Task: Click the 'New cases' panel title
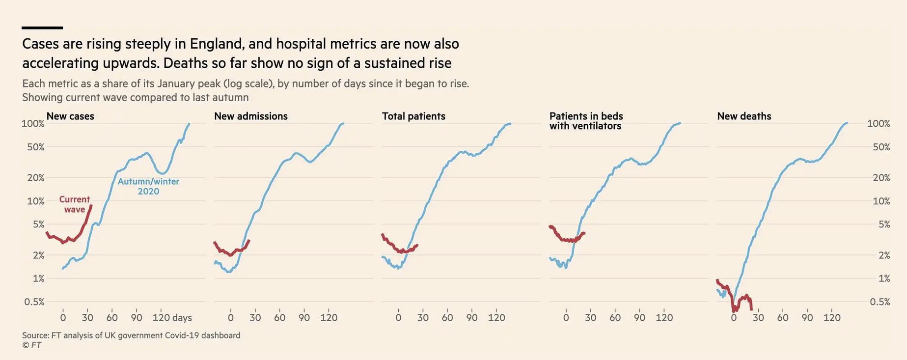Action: [x=70, y=116]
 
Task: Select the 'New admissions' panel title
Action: [x=251, y=116]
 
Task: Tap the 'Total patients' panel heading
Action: [x=413, y=116]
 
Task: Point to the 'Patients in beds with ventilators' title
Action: [x=586, y=121]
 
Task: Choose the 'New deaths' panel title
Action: [x=744, y=116]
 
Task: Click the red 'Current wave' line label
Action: [x=75, y=204]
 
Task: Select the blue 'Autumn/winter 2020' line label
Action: [x=148, y=186]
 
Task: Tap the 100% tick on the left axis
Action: [x=33, y=124]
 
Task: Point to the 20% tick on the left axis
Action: [x=35, y=178]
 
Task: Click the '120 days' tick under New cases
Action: [x=172, y=318]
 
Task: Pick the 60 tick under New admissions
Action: [x=279, y=318]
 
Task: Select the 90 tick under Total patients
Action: [x=471, y=318]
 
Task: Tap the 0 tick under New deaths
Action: [x=734, y=318]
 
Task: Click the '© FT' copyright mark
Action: [x=32, y=345]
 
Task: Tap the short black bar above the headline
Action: [x=42, y=28]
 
